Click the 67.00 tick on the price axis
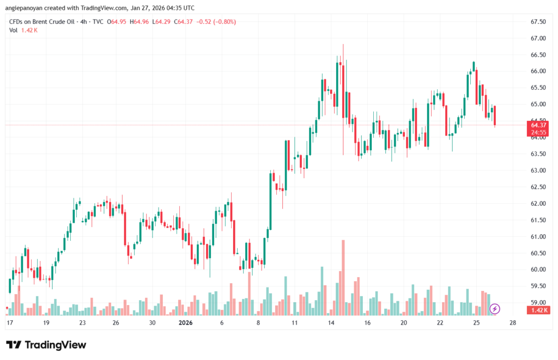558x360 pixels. pyautogui.click(x=538, y=38)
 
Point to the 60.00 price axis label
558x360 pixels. pyautogui.click(x=538, y=270)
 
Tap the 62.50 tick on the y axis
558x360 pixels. pyautogui.click(x=538, y=187)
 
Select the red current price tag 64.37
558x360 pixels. pyautogui.click(x=538, y=125)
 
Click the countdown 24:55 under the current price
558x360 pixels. pyautogui.click(x=538, y=132)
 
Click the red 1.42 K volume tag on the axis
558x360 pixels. pyautogui.click(x=538, y=310)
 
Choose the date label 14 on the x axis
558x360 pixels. pyautogui.click(x=330, y=322)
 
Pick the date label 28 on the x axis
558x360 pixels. pyautogui.click(x=512, y=322)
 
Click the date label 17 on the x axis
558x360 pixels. pyautogui.click(x=9, y=322)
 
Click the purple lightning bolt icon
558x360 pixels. pyautogui.click(x=495, y=309)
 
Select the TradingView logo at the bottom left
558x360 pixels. pyautogui.click(x=46, y=345)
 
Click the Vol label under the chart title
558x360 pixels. pyautogui.click(x=14, y=30)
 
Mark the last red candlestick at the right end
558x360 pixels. pyautogui.click(x=495, y=116)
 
